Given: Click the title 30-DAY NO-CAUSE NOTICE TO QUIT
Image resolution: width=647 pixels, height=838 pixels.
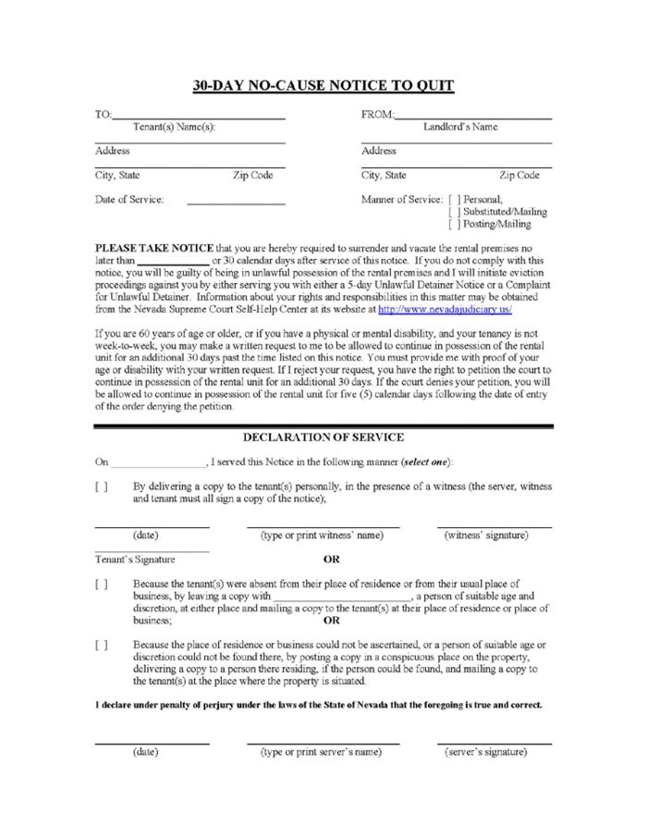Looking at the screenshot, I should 323,86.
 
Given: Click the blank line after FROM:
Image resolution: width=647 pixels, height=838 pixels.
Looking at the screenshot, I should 472,117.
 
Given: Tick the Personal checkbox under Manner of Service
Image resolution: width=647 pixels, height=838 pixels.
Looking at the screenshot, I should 453,199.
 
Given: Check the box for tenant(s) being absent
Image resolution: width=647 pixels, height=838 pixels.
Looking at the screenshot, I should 101,585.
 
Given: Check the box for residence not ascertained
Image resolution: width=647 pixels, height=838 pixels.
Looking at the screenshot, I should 101,644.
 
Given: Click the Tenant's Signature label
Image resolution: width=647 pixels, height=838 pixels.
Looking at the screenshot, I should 135,560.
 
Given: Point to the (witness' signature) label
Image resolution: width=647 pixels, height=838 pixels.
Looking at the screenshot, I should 487,536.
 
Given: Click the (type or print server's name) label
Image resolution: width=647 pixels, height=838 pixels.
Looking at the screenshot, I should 322,752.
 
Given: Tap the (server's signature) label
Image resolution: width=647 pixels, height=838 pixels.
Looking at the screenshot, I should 488,752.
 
